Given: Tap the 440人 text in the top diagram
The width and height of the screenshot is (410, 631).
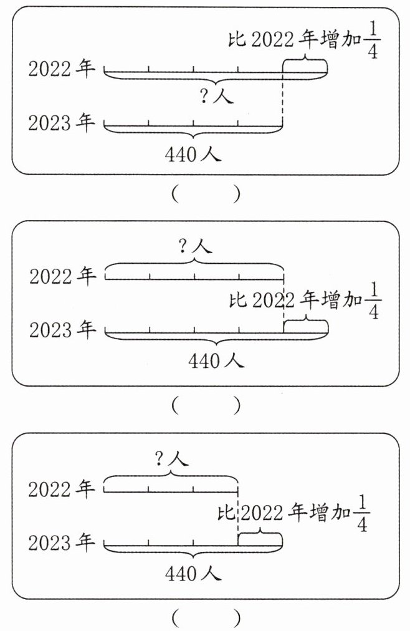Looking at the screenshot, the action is [x=193, y=154].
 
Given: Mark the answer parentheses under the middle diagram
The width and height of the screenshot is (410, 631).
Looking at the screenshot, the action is [x=205, y=406].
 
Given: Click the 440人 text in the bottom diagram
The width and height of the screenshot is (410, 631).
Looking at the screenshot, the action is [x=193, y=574].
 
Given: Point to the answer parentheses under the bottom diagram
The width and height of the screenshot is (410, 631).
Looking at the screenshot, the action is [x=205, y=619].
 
